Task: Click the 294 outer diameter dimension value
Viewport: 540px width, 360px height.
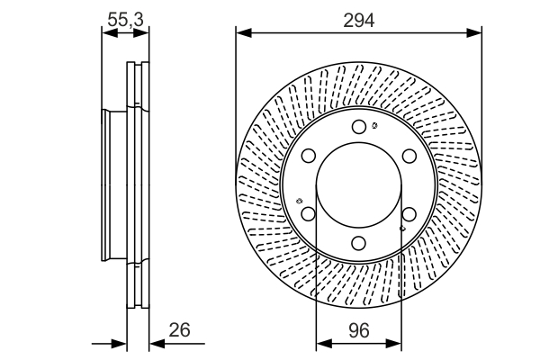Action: (358, 19)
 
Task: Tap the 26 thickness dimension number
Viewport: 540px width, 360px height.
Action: (180, 330)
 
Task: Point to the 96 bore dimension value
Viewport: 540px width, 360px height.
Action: (358, 330)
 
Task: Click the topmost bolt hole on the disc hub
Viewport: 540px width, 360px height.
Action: (358, 127)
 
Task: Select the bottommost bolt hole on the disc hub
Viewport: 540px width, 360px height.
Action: (358, 243)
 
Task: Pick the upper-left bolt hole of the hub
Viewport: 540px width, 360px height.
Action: (308, 156)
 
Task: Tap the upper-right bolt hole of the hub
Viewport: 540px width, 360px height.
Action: (409, 156)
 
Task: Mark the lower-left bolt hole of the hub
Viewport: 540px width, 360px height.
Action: (308, 214)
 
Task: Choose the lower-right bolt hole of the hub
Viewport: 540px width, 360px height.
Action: (409, 214)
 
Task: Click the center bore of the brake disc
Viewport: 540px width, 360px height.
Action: (358, 184)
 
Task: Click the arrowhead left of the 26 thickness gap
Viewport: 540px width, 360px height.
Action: (121, 343)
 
